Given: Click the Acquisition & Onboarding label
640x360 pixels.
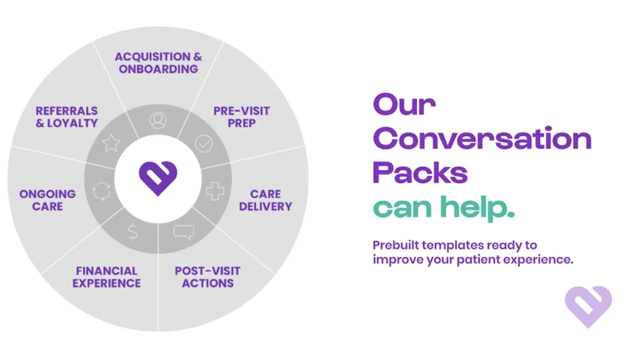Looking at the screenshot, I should [x=158, y=63].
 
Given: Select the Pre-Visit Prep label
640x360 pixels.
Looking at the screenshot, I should [x=241, y=117].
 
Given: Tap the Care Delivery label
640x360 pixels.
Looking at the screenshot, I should [x=265, y=200].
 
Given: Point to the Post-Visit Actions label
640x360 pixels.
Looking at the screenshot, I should [x=207, y=277].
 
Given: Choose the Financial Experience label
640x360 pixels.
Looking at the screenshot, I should [x=106, y=277].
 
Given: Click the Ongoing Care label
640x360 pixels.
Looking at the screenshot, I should [x=47, y=200].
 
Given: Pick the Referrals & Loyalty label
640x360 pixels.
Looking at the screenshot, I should [x=67, y=117].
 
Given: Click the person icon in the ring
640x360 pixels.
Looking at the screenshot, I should [x=158, y=121].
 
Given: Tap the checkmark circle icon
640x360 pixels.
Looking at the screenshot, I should [x=204, y=143].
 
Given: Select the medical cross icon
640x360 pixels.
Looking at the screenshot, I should [x=215, y=191].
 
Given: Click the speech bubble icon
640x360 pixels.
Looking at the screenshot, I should [x=184, y=232].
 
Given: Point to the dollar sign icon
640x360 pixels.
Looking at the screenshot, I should [x=132, y=232].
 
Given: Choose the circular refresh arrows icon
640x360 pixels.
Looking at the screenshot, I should [x=101, y=191].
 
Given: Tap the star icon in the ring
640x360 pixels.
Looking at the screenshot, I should [x=111, y=143].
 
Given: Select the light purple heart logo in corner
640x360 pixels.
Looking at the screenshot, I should [x=588, y=306].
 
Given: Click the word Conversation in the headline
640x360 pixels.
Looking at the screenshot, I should [x=482, y=138].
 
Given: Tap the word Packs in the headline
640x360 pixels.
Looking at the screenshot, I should [x=420, y=172].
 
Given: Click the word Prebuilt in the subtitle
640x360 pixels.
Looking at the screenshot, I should [x=395, y=245].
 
